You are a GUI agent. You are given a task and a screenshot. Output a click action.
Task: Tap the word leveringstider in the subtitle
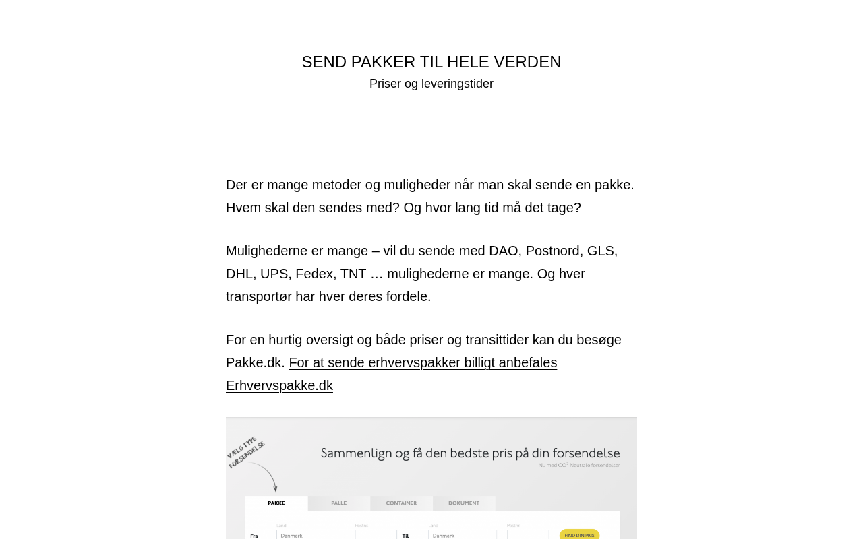[x=457, y=84]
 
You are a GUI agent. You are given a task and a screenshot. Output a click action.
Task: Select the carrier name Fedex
[x=314, y=274]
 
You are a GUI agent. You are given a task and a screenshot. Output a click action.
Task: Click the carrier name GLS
[x=601, y=251]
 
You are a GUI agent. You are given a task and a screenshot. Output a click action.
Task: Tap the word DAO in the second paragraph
[x=504, y=251]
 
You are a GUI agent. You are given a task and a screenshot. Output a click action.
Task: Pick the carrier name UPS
[x=274, y=274]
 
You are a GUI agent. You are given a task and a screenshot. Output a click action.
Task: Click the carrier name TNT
[x=353, y=274]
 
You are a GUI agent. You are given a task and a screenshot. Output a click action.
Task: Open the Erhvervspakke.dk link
[x=279, y=385]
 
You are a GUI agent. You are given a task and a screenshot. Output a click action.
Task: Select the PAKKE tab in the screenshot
[x=276, y=503]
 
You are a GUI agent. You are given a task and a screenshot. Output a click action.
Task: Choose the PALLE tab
[x=338, y=503]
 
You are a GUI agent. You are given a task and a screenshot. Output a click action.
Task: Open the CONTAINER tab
[x=401, y=503]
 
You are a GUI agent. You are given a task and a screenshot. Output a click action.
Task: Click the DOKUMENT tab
[x=464, y=503]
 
